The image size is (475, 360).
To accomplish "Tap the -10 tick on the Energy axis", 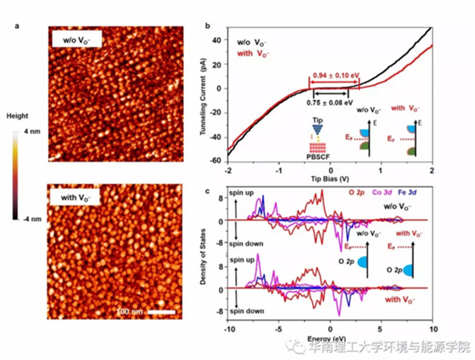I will point(228,328).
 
